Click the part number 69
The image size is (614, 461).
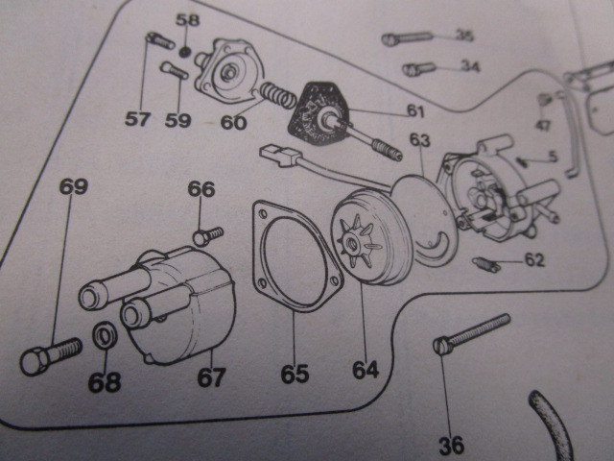tap(74, 185)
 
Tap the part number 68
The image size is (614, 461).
tap(105, 382)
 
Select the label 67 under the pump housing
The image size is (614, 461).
tap(211, 376)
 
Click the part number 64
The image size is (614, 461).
tap(366, 369)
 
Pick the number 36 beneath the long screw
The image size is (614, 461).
tap(451, 445)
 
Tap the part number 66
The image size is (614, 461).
tap(201, 189)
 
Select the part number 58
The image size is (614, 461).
tap(188, 20)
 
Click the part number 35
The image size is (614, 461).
tap(464, 36)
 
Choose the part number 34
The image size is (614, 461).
tap(469, 66)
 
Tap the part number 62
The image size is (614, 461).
tap(534, 258)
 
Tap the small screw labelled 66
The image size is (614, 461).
tap(206, 234)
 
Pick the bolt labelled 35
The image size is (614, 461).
tap(408, 39)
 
